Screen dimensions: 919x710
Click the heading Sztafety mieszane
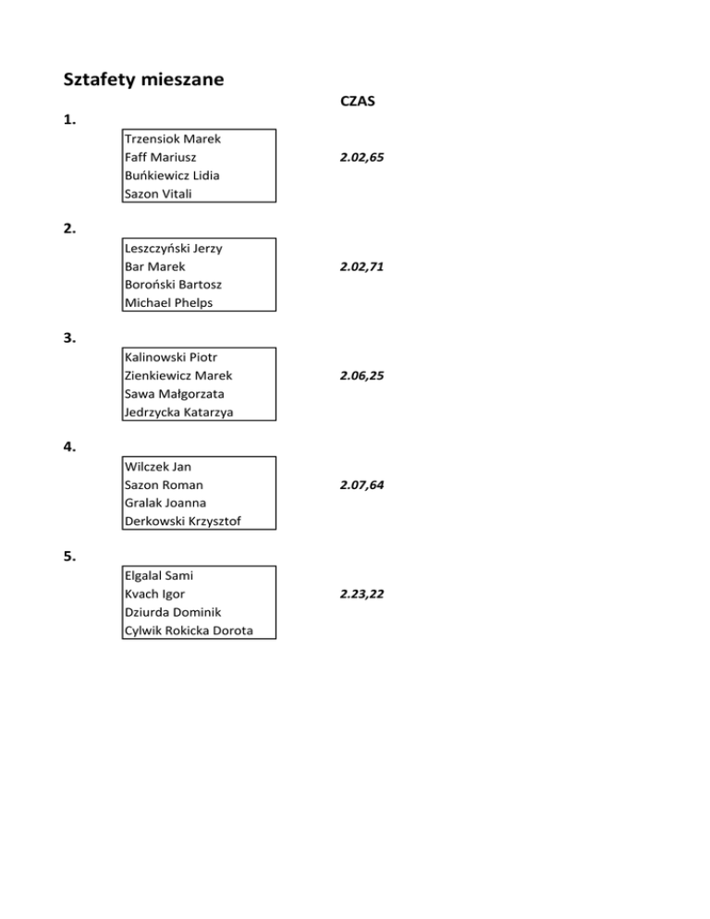(143, 80)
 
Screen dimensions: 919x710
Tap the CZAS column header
(357, 102)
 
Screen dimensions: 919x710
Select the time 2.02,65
(361, 158)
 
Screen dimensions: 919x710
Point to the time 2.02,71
(361, 267)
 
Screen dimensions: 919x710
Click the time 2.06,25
(361, 376)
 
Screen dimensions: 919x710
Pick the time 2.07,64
(361, 485)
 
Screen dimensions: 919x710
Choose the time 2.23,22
(361, 594)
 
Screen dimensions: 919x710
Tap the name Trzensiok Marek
(165, 140)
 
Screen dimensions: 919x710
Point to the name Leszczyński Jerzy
(172, 249)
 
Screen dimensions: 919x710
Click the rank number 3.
(70, 338)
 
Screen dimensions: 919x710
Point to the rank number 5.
(70, 557)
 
